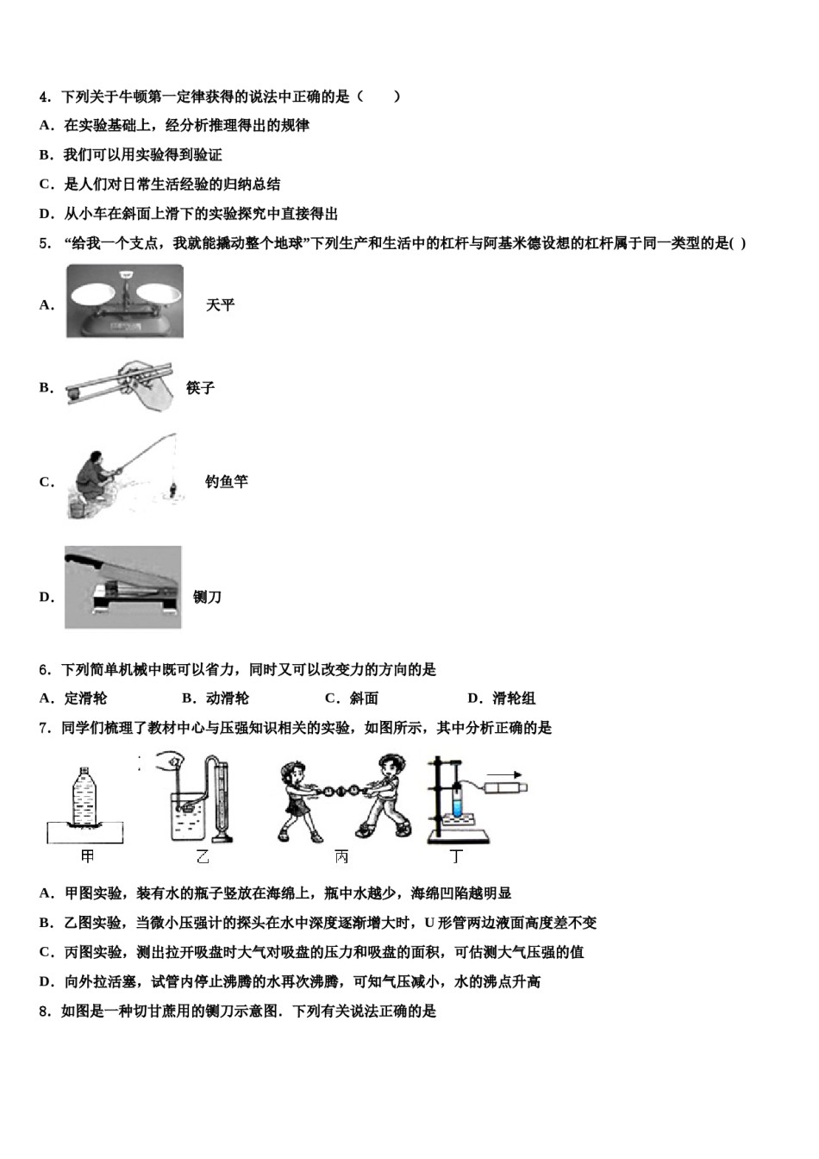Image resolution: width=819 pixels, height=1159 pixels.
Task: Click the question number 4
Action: (x=44, y=97)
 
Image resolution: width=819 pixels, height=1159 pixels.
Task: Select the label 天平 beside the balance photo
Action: (x=220, y=304)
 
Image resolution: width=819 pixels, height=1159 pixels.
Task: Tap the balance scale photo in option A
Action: (x=125, y=301)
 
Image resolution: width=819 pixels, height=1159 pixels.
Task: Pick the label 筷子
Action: (x=200, y=388)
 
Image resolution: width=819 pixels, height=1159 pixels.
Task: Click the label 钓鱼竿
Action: (x=226, y=481)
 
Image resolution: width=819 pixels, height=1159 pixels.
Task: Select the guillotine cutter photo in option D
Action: (x=123, y=586)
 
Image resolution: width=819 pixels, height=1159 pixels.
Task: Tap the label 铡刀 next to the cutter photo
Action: (x=207, y=597)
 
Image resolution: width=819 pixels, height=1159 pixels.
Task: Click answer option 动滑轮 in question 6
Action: (x=226, y=699)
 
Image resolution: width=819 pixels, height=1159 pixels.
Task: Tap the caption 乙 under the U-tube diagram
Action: (x=203, y=857)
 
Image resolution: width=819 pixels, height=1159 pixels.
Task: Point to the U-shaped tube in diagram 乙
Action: (x=219, y=798)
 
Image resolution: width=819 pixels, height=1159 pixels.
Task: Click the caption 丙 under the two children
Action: (x=342, y=857)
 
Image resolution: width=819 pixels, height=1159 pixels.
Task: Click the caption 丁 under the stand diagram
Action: (x=456, y=857)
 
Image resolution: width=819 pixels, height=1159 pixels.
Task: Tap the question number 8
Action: (x=44, y=1011)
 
